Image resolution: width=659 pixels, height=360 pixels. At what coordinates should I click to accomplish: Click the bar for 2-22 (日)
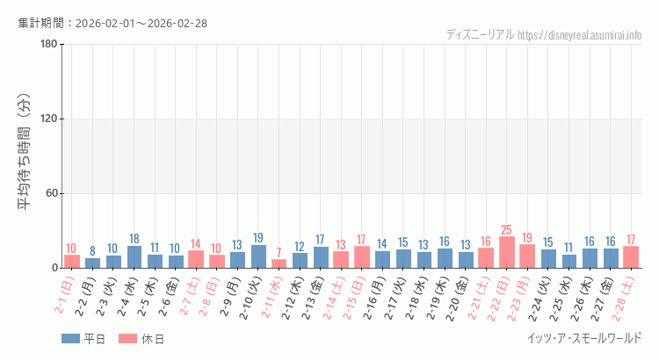(x=507, y=252)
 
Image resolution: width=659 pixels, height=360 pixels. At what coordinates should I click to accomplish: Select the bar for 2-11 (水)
(x=279, y=263)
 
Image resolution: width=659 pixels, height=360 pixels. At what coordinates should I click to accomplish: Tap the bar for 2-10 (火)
(x=258, y=256)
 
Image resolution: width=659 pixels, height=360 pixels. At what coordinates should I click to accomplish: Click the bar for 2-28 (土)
(x=631, y=257)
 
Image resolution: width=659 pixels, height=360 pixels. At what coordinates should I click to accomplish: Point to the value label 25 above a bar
(x=507, y=230)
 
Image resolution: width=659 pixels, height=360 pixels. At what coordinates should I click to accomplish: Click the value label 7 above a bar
(x=279, y=253)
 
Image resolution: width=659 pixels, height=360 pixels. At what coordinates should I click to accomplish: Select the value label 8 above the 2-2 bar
(x=92, y=251)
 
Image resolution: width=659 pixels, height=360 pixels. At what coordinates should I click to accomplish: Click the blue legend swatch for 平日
(x=70, y=339)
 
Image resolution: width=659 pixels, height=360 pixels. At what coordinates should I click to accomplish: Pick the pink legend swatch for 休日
(x=128, y=339)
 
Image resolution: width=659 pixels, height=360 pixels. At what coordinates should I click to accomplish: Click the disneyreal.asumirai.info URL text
(x=580, y=35)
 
